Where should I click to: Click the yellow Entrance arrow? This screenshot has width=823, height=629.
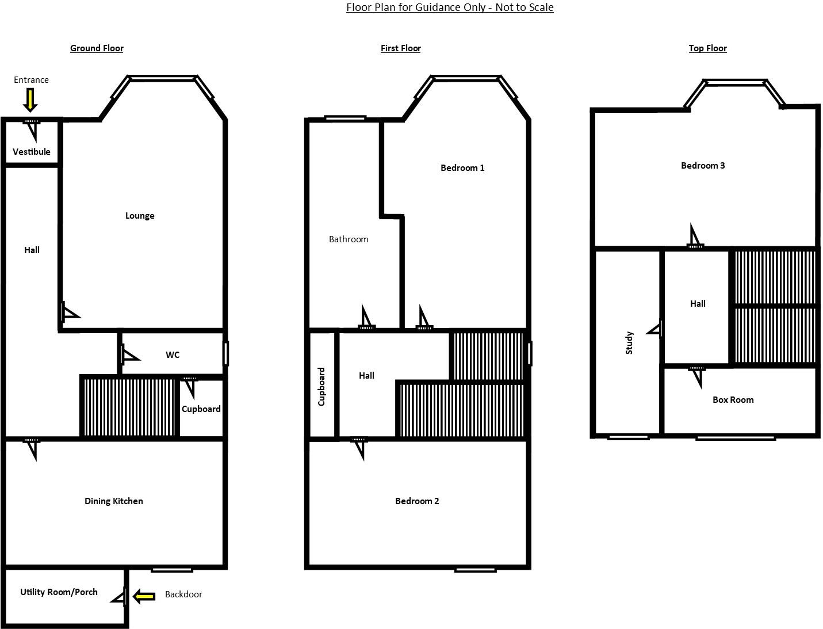coord(30,101)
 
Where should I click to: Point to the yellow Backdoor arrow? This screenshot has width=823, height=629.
coord(144,596)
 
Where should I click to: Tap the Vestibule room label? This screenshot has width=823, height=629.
coord(32,152)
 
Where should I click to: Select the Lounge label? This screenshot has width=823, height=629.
coord(140,216)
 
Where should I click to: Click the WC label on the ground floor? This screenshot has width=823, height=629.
coord(173,355)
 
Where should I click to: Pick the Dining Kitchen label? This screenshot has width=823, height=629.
coord(114,501)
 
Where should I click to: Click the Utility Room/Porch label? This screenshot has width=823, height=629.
coord(59,592)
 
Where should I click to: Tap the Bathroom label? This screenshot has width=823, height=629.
coord(349,239)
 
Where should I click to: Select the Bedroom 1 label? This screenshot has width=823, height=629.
coord(462,168)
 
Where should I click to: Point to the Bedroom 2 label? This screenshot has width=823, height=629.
coord(417,501)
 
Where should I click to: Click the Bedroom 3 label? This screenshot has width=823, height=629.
coord(703,166)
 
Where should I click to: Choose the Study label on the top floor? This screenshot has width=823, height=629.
coord(629,342)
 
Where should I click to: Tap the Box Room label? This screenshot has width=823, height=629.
coord(733,400)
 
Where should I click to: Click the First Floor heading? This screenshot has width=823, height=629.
coord(400,48)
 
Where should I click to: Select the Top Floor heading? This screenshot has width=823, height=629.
coord(707,48)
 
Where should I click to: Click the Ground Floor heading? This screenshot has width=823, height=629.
coord(97,48)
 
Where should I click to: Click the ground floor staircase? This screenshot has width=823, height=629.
coord(129,407)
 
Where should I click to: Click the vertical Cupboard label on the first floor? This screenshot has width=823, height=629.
coord(321,387)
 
